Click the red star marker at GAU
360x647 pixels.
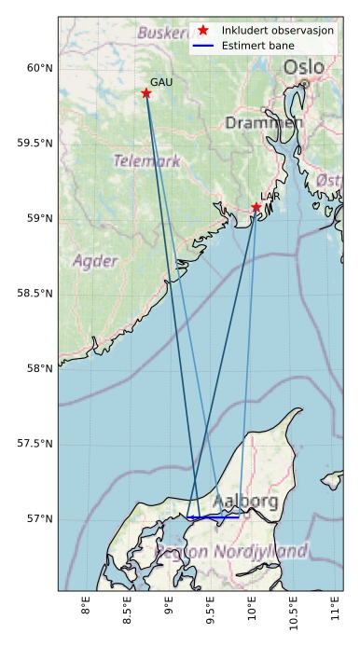click(146, 93)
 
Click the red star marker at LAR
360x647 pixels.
click(256, 207)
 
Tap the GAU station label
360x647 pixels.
click(161, 83)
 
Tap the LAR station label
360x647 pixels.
click(270, 197)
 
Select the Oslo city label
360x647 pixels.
click(304, 67)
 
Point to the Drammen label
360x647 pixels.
click(264, 123)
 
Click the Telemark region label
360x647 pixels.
click(147, 161)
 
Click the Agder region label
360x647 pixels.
click(95, 260)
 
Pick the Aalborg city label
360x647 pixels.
click(245, 502)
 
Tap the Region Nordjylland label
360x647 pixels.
click(233, 552)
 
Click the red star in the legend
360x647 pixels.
click(204, 31)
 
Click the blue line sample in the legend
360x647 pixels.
click(204, 46)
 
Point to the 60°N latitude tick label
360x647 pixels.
click(38, 68)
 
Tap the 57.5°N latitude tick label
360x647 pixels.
click(35, 444)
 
